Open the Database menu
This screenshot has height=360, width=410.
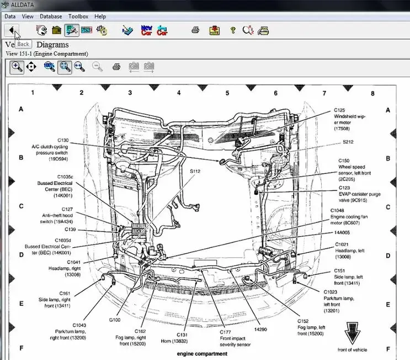[x=51, y=17]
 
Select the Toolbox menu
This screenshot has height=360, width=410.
[x=78, y=17]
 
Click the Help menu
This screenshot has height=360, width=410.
[x=100, y=17]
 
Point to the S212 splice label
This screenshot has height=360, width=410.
[x=348, y=142]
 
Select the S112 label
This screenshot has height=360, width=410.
[x=195, y=171]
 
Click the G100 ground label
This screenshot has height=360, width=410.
[x=115, y=320]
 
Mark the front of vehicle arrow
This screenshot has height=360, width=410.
[x=352, y=333]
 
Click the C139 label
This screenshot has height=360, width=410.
[x=70, y=229]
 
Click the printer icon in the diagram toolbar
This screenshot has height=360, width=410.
[x=116, y=67]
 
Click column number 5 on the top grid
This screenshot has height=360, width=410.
[x=227, y=93]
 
